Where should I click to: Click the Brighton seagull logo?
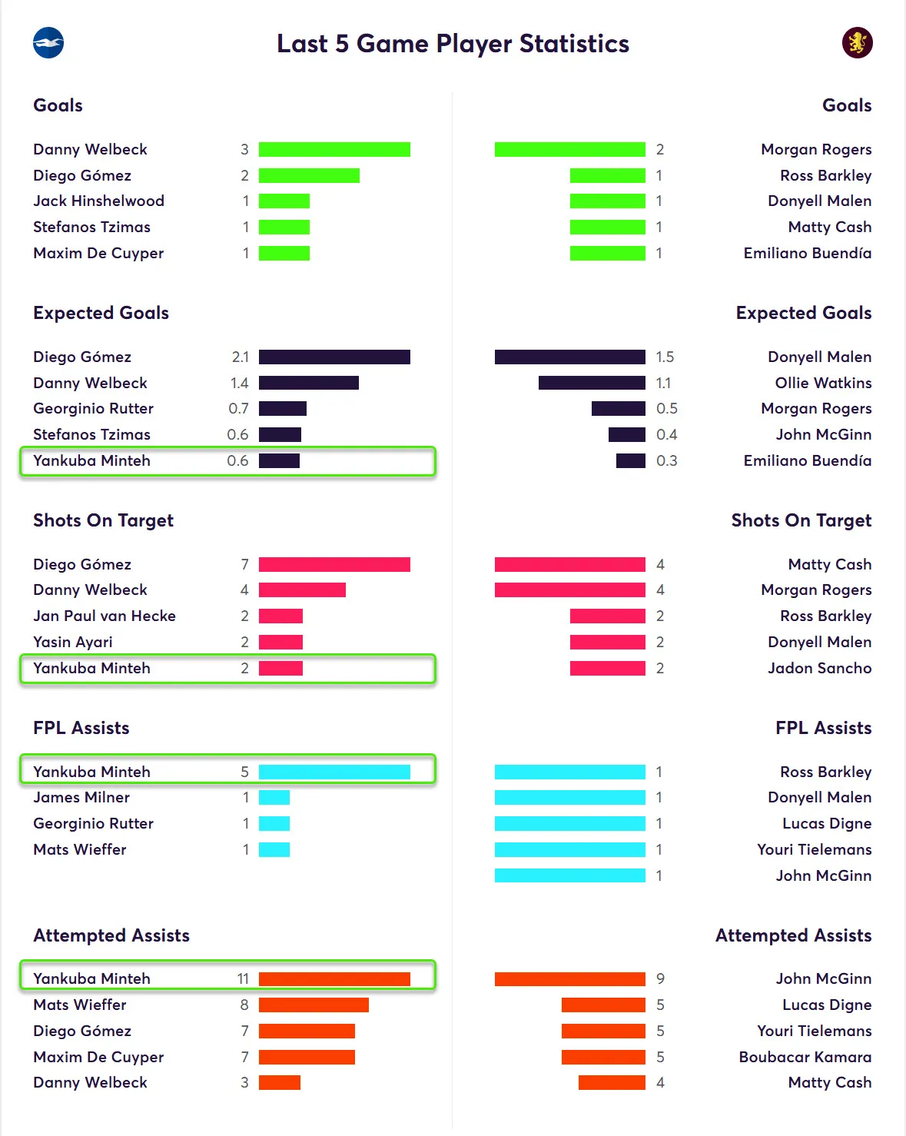pyautogui.click(x=48, y=43)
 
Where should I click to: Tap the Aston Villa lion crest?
pyautogui.click(x=857, y=43)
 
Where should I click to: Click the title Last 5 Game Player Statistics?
pyautogui.click(x=453, y=44)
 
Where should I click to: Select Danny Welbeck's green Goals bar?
pyautogui.click(x=334, y=149)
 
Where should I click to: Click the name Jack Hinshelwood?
pyautogui.click(x=98, y=201)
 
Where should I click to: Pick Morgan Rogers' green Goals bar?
pyautogui.click(x=569, y=149)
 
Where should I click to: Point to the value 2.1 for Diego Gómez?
pyautogui.click(x=240, y=357)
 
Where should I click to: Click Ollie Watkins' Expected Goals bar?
pyautogui.click(x=592, y=383)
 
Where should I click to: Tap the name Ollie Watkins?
pyautogui.click(x=823, y=383)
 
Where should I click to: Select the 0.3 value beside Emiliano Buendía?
pyautogui.click(x=666, y=460)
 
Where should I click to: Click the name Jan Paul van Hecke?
pyautogui.click(x=105, y=616)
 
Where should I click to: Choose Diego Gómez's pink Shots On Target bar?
pyautogui.click(x=334, y=564)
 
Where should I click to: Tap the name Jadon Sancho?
pyautogui.click(x=819, y=668)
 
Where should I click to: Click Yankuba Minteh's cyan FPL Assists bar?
pyautogui.click(x=334, y=772)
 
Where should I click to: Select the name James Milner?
pyautogui.click(x=81, y=798)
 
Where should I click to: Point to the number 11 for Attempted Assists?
pyautogui.click(x=243, y=978)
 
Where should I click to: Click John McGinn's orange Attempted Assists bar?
pyautogui.click(x=569, y=978)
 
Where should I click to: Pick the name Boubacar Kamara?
pyautogui.click(x=805, y=1057)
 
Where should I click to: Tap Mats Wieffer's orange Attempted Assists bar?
pyautogui.click(x=314, y=1005)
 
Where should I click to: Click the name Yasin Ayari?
pyautogui.click(x=73, y=642)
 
